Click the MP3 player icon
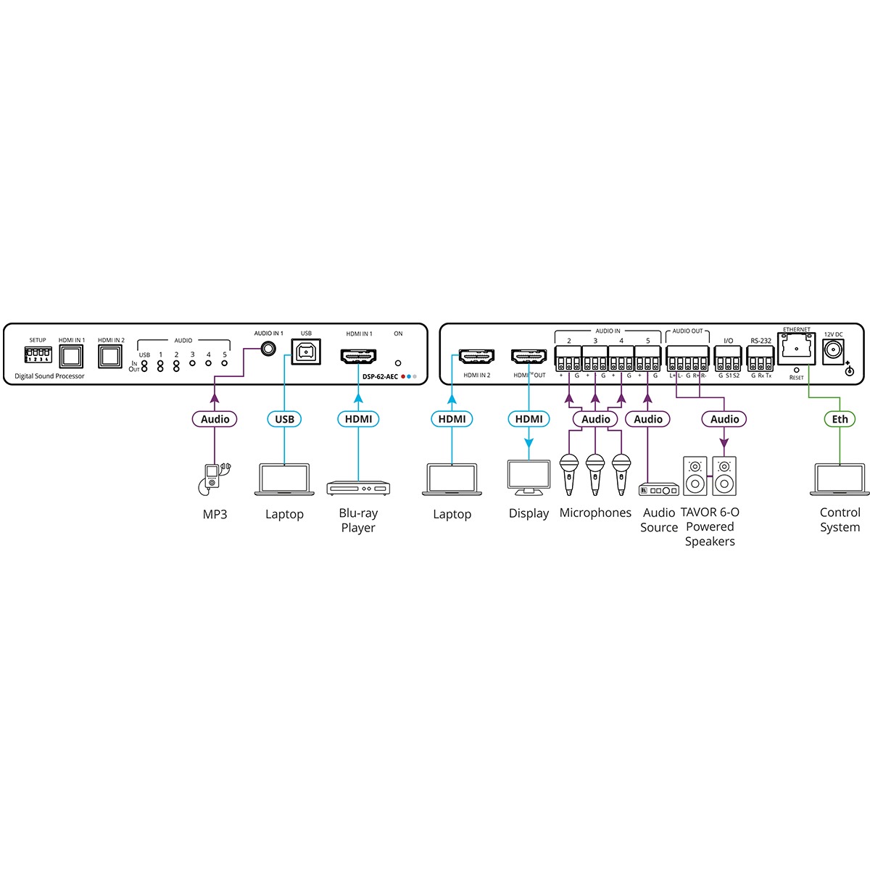tap(213, 478)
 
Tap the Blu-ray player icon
tap(358, 488)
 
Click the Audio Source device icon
tap(658, 490)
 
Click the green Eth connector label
tap(840, 419)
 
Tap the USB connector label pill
tap(285, 419)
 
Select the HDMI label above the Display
tap(529, 419)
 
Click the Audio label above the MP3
tap(215, 419)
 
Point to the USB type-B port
tap(306, 352)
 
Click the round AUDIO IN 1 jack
tap(269, 349)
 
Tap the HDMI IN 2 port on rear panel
tap(476, 357)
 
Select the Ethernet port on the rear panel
tap(797, 349)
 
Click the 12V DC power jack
tap(835, 352)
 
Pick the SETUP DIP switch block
tap(38, 354)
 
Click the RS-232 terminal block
tap(761, 358)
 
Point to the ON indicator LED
tap(398, 362)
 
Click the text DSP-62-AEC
tap(380, 376)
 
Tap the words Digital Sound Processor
tap(49, 376)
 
